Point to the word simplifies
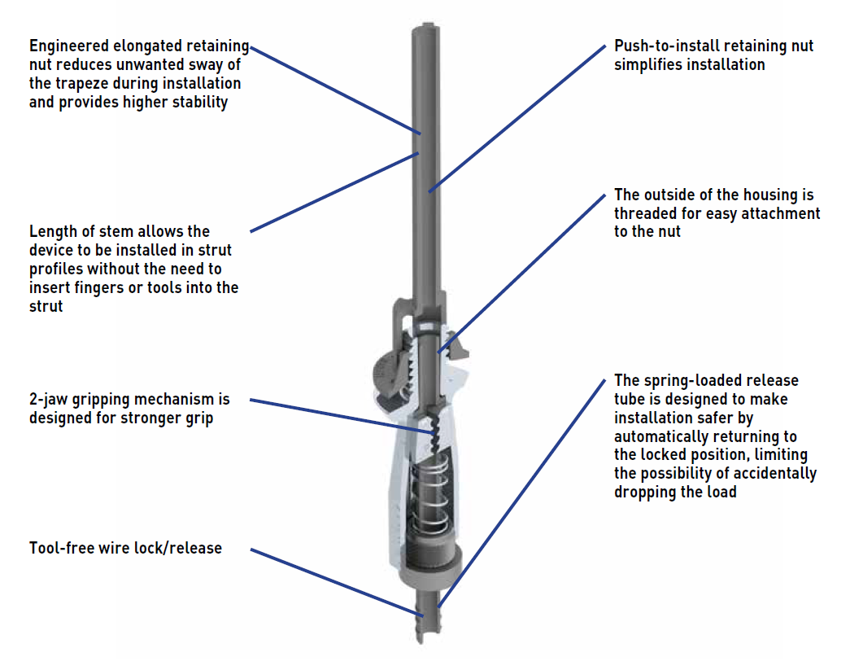point(647,65)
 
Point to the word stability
point(196,103)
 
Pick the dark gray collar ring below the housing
point(429,565)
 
